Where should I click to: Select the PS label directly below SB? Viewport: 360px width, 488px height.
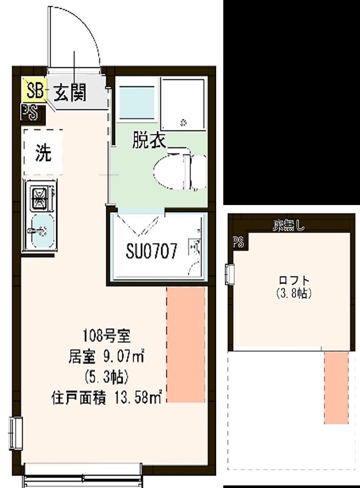coord(29,112)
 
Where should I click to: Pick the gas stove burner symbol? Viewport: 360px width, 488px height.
coord(40,197)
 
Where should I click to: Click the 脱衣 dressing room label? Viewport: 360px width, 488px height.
coord(149,141)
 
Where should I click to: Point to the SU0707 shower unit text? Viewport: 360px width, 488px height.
coord(152,250)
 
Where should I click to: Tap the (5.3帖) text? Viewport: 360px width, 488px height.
coord(106,375)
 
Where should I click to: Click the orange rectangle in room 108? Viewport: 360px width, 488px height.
coord(186,345)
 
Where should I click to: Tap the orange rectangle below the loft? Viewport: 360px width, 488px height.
coord(336,387)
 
